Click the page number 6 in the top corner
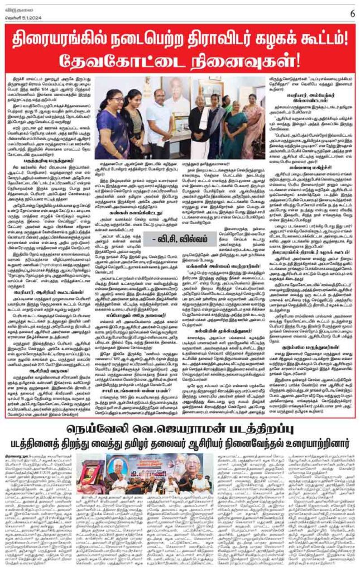pyautogui.click(x=352, y=13)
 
